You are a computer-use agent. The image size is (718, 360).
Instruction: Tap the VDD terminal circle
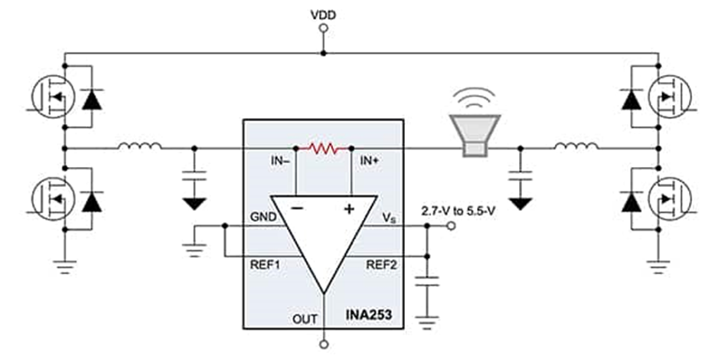tap(322, 29)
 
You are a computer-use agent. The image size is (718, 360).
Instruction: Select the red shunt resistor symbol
tap(322, 146)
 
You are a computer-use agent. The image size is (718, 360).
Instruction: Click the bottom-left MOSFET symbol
tap(48, 201)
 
